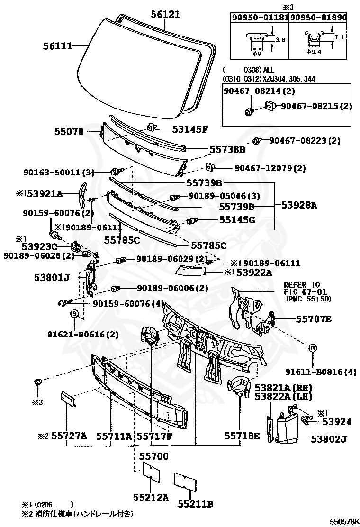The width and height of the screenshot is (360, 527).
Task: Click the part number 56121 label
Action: (166, 15)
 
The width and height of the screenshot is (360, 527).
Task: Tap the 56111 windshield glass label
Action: (57, 46)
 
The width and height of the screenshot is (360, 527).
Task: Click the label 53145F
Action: (183, 129)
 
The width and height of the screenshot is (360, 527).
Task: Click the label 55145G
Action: (237, 220)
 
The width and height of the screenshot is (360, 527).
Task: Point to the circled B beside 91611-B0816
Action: (312, 348)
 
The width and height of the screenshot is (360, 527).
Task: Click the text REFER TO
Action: (302, 285)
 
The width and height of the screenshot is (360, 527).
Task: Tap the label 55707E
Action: (314, 319)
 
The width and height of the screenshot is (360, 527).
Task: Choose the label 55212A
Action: (151, 498)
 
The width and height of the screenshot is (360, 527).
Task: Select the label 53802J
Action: (329, 439)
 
